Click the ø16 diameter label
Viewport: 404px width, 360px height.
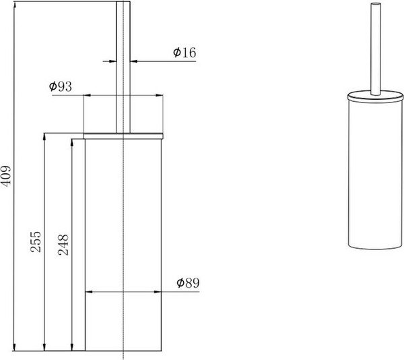pos(184,53)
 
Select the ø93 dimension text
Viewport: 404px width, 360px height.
pos(61,86)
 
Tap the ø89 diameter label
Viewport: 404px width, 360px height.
pos(188,283)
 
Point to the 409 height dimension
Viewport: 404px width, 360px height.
pos(6,175)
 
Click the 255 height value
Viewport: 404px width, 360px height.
pos(36,241)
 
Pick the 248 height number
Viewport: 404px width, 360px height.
pos(63,245)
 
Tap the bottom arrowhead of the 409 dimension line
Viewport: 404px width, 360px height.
pos(14,347)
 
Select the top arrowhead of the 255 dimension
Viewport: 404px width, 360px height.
pos(44,137)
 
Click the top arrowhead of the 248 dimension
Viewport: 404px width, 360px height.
pos(73,143)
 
